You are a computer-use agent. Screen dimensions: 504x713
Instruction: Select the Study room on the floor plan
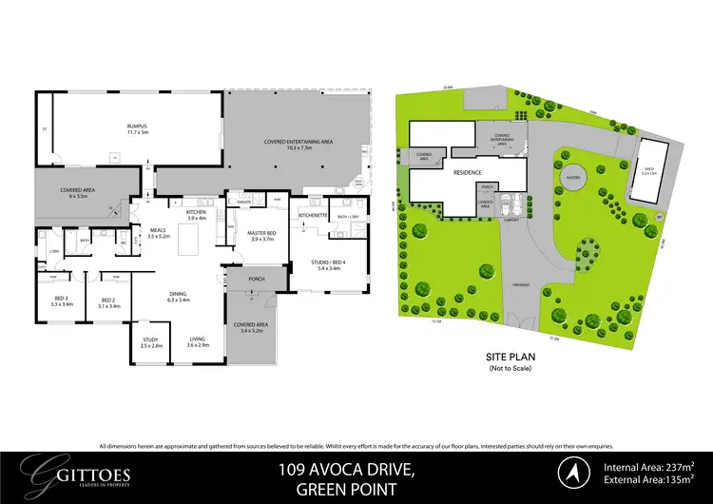tap(150, 344)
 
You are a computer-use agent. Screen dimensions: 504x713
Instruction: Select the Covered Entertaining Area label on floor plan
tap(297, 143)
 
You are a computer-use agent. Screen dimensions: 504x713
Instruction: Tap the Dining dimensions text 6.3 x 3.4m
tap(178, 300)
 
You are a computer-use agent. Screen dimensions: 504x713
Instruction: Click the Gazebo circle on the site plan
tap(572, 180)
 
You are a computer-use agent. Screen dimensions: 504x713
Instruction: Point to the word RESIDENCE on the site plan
tap(466, 173)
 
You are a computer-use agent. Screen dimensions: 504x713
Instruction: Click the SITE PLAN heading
tap(512, 358)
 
